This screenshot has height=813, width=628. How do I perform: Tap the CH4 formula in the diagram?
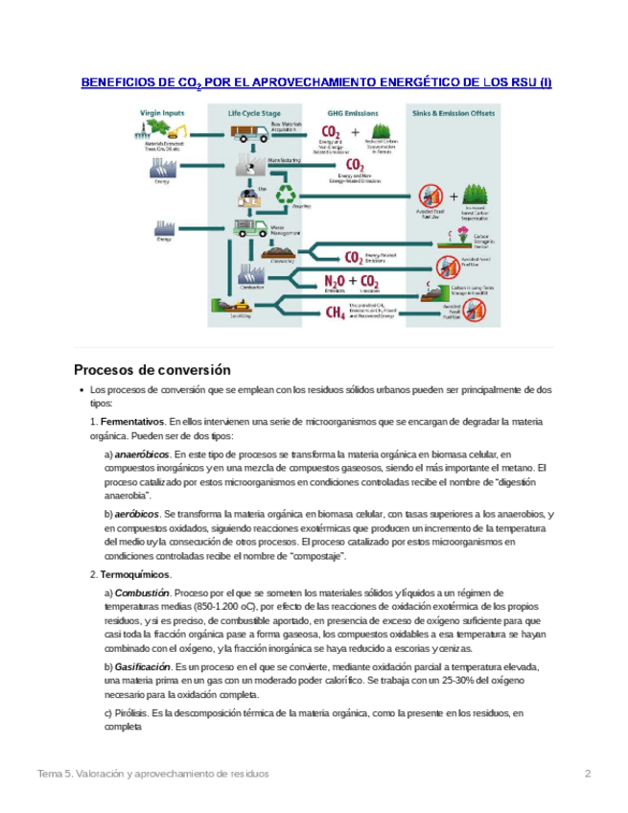coord(336,313)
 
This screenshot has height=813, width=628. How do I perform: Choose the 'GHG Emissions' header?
coord(346,112)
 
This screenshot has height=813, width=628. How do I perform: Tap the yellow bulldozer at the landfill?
coord(234,309)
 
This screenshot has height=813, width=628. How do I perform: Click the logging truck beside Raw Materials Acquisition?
coord(250,133)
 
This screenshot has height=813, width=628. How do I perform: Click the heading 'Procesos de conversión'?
coord(153,369)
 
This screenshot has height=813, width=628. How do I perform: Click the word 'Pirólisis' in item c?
coord(136,713)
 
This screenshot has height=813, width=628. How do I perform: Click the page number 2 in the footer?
coord(589,773)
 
